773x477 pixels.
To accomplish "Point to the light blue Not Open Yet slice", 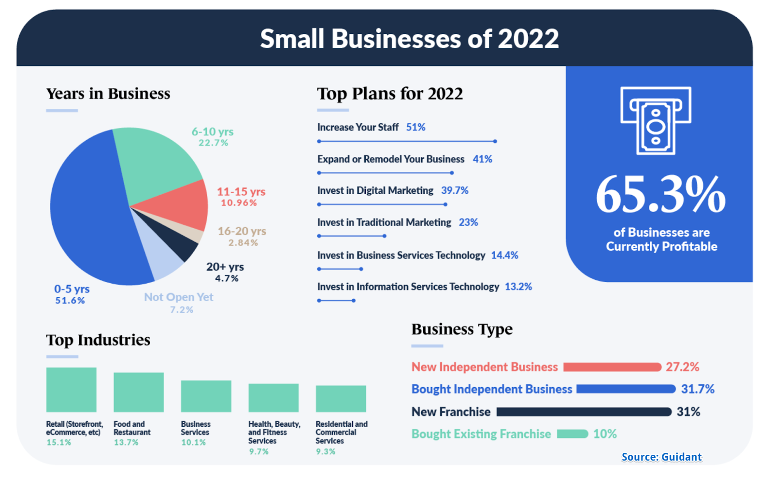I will (x=162, y=259).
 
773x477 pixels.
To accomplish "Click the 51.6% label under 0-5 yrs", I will (x=70, y=301).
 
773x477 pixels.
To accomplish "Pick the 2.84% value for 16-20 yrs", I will (x=243, y=243).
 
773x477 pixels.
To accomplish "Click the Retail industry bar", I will (x=71, y=390).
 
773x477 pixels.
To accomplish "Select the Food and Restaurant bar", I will (x=139, y=392).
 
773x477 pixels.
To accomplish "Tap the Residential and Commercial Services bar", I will (x=341, y=399).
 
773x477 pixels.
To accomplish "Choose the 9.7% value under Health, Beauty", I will (x=258, y=451).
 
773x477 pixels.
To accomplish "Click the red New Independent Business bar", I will (x=612, y=367).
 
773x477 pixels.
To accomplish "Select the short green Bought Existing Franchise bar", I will (x=572, y=434).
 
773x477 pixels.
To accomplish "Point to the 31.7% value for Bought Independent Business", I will (x=698, y=389).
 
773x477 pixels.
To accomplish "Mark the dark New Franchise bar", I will (x=584, y=412).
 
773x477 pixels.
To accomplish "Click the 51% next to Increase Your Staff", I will (x=415, y=127).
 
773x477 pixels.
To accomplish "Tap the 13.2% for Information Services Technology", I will (x=518, y=287).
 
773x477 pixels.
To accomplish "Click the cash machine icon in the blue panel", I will (x=656, y=121).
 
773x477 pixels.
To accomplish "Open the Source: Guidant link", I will (x=661, y=457).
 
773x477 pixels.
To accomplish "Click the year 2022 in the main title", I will (x=528, y=39).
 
